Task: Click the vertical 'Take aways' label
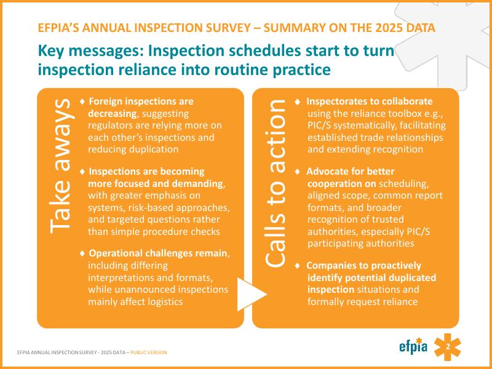[x=60, y=166]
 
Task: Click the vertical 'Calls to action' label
[x=275, y=183]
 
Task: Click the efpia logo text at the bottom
[x=413, y=346]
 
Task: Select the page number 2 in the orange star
[x=448, y=347]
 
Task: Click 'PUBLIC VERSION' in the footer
[x=149, y=352]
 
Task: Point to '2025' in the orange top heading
[x=389, y=28]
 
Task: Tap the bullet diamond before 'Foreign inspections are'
[x=82, y=101]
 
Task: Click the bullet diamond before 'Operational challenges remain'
[x=82, y=253]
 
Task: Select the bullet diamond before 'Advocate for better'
[x=298, y=172]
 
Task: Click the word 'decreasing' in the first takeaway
[x=113, y=113]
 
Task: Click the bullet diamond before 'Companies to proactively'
[x=298, y=266]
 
